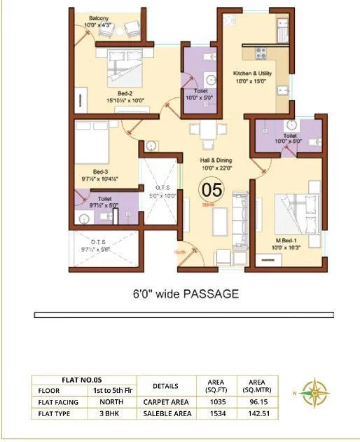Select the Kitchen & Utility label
[x=253, y=76]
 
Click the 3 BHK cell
[x=106, y=414]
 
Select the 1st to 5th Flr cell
[x=106, y=389]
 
